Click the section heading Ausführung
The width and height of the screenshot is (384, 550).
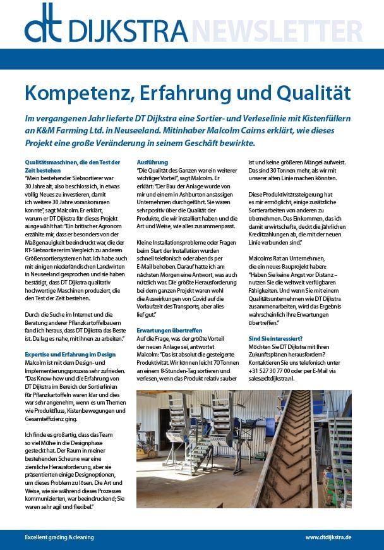coord(152,162)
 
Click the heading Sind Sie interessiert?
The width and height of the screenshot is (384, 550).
coord(275,339)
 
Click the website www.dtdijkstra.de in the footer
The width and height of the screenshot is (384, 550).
coord(328,537)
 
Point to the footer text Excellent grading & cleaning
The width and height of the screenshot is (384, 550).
coord(59,537)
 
